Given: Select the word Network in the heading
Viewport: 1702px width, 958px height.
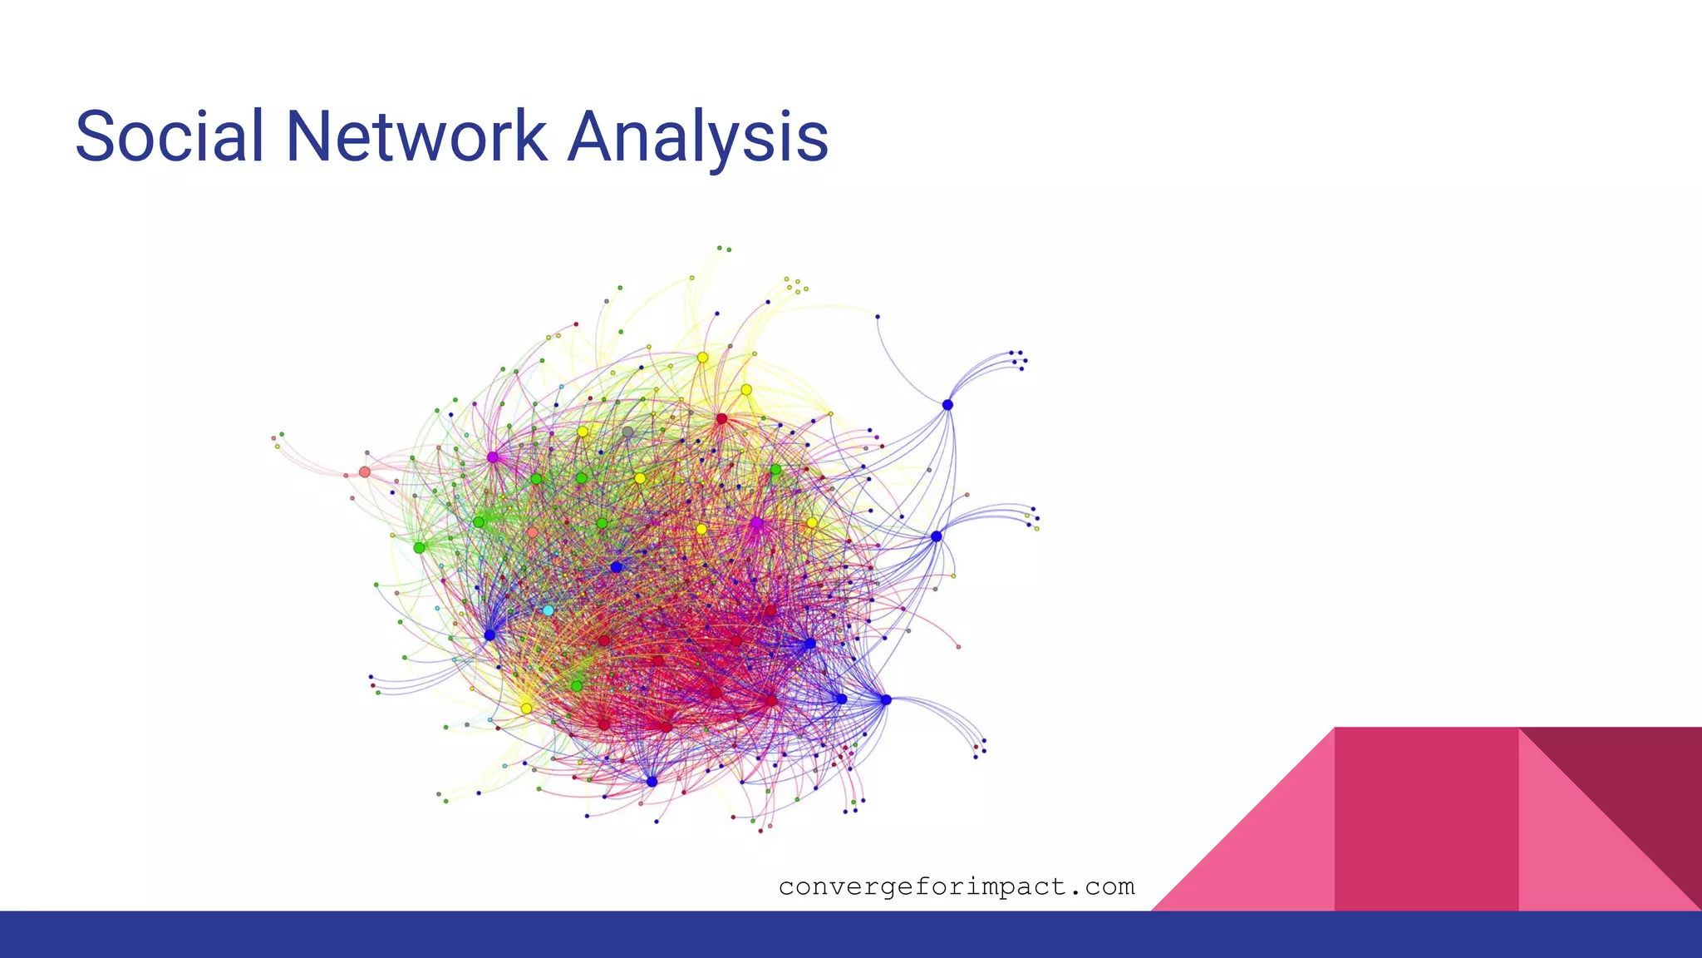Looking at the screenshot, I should (416, 136).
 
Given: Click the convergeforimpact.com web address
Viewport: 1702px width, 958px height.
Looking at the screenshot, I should (957, 887).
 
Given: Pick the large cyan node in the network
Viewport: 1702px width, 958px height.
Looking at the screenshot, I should (548, 610).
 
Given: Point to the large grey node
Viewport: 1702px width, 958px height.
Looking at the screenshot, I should (627, 432).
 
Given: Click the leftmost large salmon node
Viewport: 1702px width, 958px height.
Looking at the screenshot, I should (364, 472).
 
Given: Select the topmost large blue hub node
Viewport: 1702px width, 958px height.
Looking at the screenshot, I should (947, 405).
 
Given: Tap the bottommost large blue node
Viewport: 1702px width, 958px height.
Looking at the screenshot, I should (652, 782).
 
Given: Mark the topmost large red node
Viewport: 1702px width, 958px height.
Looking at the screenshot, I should (721, 418).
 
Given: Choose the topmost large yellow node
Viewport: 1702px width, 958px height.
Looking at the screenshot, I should (702, 358).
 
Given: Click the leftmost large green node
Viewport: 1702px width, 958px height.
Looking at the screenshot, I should (419, 548).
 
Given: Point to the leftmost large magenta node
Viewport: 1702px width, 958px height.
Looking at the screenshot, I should (492, 457).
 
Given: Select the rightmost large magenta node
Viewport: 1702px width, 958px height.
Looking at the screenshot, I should (756, 523).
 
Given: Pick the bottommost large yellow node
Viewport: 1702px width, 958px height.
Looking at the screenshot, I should (526, 709).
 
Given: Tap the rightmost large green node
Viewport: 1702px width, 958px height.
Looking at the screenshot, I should (775, 470).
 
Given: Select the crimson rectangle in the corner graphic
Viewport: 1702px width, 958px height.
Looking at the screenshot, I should (1426, 819).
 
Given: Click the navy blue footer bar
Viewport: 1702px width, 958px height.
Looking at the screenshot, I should (851, 935).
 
